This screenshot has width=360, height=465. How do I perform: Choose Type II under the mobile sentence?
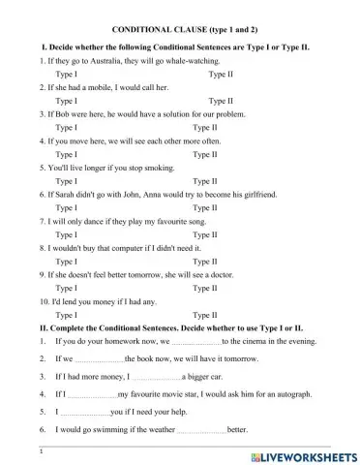click(x=221, y=100)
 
